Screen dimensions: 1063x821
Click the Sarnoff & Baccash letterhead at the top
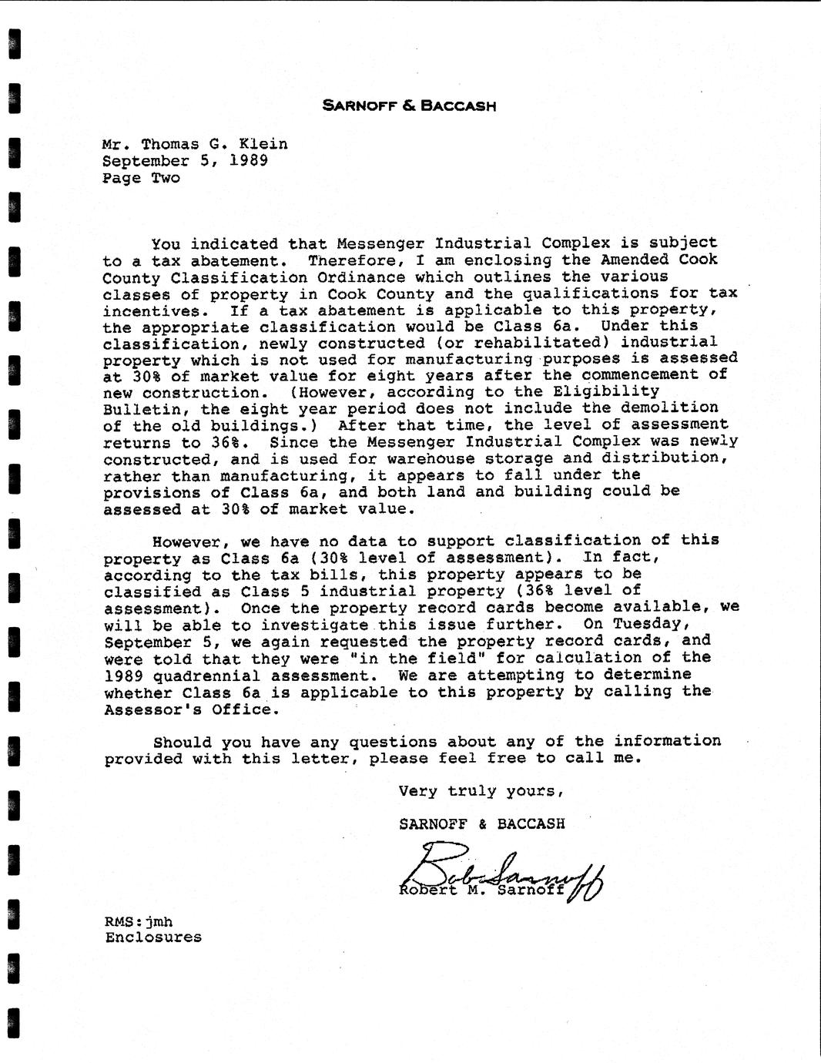409,106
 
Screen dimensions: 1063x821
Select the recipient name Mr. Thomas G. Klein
195,144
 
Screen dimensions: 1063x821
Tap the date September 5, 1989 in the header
185,161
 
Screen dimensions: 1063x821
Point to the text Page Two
141,178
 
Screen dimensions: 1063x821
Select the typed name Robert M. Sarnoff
481,890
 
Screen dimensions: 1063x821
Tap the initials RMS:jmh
139,921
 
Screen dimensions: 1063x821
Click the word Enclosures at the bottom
153,937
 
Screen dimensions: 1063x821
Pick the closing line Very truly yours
481,791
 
